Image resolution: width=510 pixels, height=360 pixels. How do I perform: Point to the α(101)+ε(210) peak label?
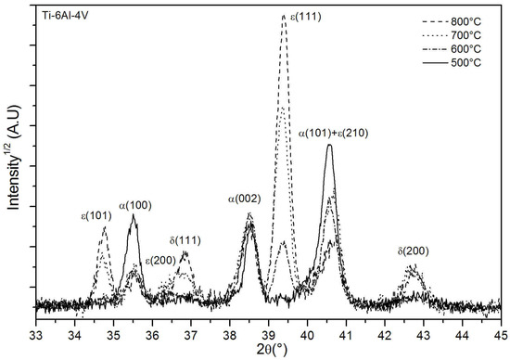coord(334,133)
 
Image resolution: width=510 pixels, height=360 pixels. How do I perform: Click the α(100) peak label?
coord(135,205)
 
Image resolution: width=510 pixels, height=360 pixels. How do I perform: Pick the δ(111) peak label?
coord(185,240)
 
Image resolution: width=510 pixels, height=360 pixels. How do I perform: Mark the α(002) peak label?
coord(245,199)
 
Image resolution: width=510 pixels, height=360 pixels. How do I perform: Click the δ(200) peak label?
coord(413,251)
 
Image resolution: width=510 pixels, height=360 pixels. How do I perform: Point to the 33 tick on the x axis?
coord(36,330)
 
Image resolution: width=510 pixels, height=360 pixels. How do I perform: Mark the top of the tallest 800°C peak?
coord(284,16)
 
